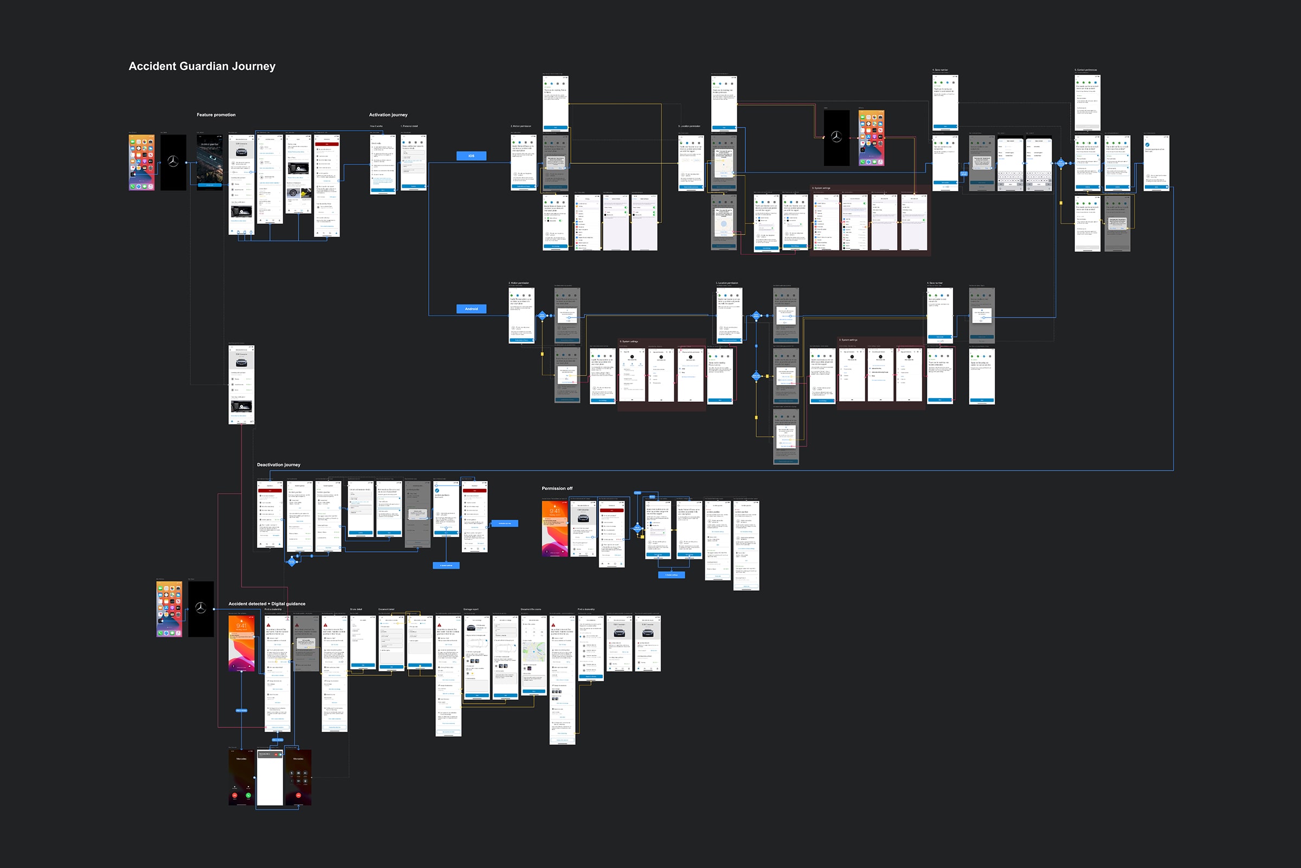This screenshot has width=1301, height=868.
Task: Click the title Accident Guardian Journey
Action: coord(202,66)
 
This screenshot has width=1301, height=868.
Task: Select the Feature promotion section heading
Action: coord(216,115)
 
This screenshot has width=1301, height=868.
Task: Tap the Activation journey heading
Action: coord(388,115)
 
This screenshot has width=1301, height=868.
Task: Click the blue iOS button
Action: coord(471,156)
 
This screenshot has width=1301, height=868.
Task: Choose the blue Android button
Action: coord(471,309)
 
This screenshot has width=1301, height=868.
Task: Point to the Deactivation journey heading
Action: coord(278,465)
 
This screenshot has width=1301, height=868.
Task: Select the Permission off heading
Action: coord(557,489)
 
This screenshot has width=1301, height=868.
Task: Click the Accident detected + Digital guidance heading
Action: coord(267,604)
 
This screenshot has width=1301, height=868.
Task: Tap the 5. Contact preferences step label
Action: coord(1085,71)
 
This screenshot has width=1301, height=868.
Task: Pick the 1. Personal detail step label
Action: coord(409,126)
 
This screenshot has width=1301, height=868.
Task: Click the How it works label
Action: coord(376,126)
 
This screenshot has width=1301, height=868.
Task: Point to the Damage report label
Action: coord(471,609)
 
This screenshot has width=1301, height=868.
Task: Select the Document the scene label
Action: coord(531,609)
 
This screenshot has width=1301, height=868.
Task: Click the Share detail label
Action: coord(356,609)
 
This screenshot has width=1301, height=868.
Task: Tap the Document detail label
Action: coord(386,609)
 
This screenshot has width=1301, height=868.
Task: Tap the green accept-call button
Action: coord(248,795)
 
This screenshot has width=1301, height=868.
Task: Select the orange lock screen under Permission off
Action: coord(555,528)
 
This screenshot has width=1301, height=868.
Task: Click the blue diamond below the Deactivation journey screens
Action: coord(292,562)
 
